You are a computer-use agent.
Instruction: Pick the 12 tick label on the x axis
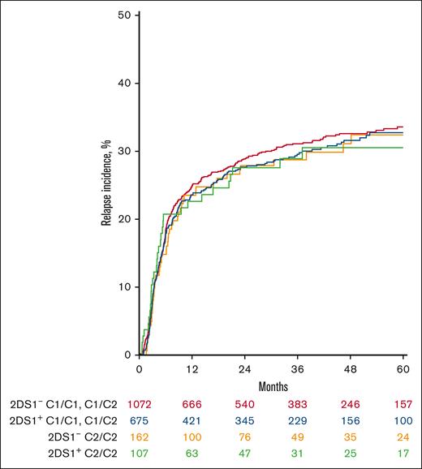pyautogui.click(x=192, y=368)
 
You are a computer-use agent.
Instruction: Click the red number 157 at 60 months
pyautogui.click(x=403, y=404)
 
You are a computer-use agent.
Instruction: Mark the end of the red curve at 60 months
pyautogui.click(x=403, y=127)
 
